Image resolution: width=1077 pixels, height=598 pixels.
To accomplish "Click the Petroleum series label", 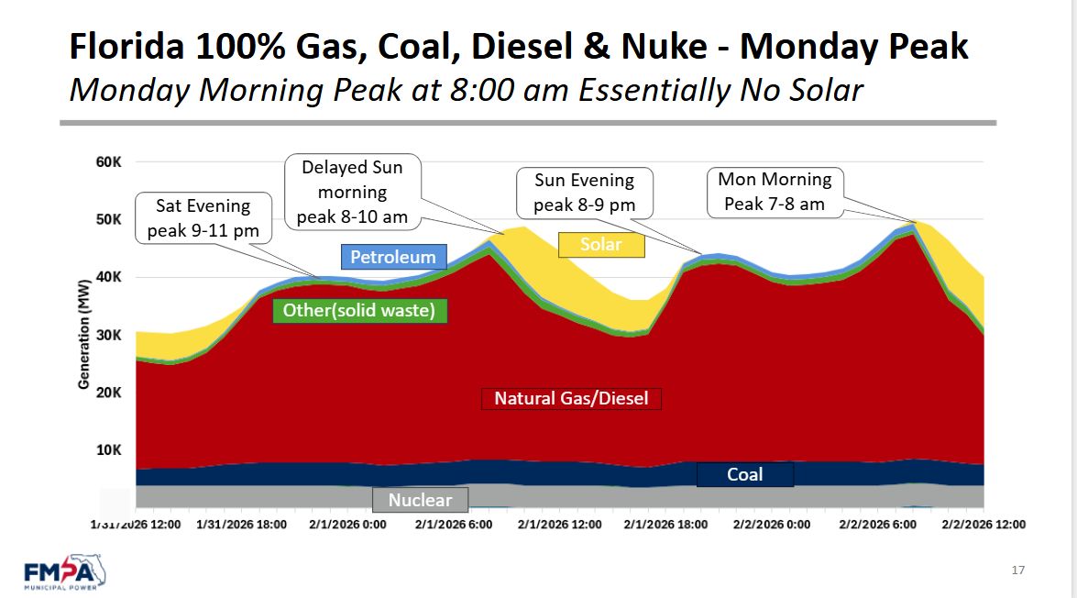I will click(394, 257).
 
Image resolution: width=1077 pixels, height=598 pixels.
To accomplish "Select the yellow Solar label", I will click(600, 244).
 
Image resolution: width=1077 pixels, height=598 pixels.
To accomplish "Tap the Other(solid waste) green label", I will click(358, 310).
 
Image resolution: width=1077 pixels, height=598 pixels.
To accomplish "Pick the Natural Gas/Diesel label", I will click(571, 398).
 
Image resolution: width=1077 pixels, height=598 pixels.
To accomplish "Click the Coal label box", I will click(744, 474).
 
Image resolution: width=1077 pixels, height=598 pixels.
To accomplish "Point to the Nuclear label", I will click(420, 500).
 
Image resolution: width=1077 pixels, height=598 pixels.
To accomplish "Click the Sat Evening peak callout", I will click(203, 217).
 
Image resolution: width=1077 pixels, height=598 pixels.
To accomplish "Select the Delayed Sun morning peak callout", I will click(353, 193).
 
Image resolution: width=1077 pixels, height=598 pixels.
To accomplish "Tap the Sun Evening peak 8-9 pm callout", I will click(584, 193).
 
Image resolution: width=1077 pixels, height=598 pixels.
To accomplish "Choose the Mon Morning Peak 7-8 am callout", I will click(775, 192).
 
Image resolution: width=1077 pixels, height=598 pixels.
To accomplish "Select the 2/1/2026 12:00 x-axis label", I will click(560, 525).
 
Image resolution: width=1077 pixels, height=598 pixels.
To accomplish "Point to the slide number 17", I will click(1018, 570).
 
